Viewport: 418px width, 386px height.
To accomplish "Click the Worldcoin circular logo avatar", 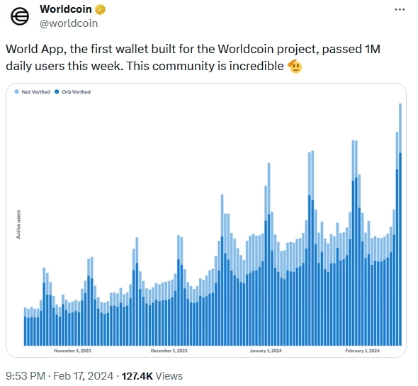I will click(20, 17).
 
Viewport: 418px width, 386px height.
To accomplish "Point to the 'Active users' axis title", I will click(18, 224).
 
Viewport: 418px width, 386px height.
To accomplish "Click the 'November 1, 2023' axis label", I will click(72, 351).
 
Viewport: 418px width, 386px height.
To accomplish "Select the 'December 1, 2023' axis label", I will click(169, 351).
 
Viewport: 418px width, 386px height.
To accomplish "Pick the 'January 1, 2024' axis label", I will click(267, 351).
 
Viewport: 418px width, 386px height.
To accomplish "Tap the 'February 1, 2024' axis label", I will click(362, 351).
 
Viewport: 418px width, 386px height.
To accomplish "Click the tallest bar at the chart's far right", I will click(400, 227).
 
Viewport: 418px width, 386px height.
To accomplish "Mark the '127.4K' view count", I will click(138, 376).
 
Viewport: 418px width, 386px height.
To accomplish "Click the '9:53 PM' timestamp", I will click(26, 376).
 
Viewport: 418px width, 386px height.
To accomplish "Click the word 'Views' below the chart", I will click(169, 376).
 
